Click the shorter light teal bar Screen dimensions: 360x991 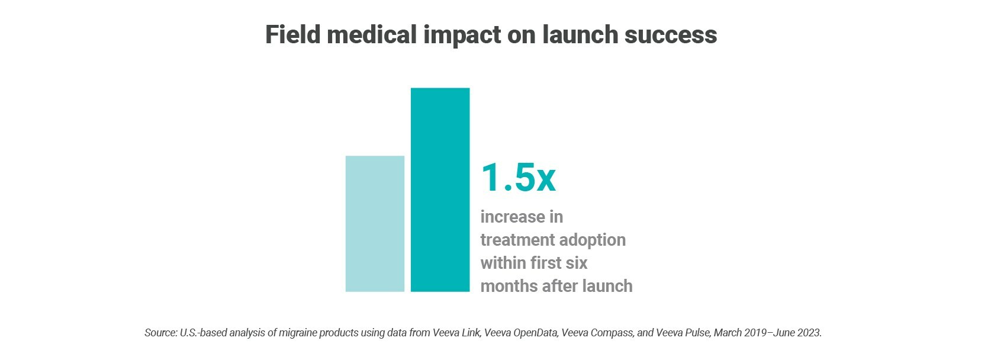375,224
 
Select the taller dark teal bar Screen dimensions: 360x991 440,189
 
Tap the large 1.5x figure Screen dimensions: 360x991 518,178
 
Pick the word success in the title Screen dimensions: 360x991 671,36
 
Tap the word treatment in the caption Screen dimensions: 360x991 513,240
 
